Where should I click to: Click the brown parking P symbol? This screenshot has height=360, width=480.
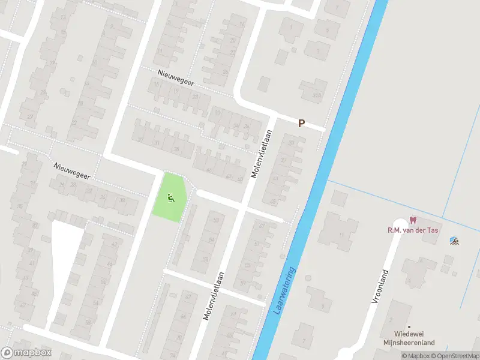tap(302, 123)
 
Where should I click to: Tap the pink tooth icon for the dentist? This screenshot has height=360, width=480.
tap(412, 220)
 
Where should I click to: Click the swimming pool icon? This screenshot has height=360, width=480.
tap(455, 241)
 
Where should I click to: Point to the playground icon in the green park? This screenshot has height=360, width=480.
tap(171, 196)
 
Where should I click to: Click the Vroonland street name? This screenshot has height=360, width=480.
tap(380, 287)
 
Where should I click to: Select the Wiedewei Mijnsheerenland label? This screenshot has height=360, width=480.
tap(414, 338)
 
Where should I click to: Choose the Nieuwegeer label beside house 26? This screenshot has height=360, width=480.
tap(71, 171)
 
